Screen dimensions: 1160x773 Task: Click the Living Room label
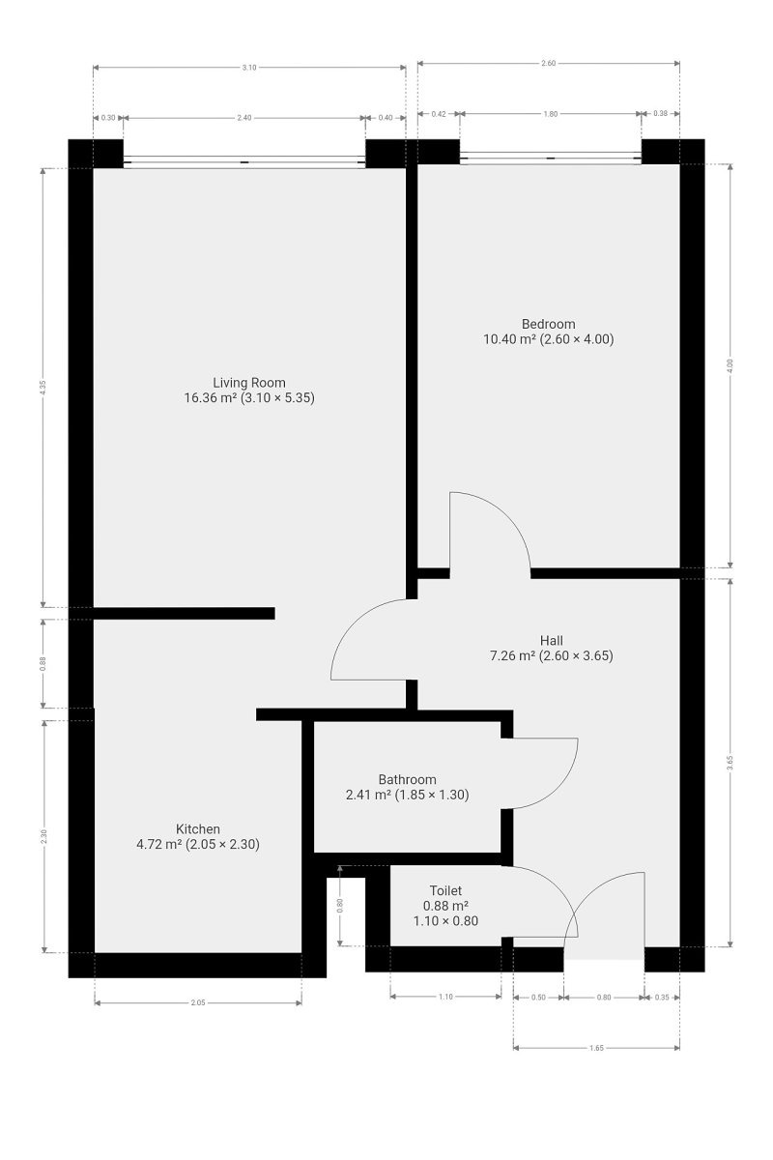click(x=249, y=382)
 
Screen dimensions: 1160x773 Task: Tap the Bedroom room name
click(x=548, y=324)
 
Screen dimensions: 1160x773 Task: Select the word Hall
click(x=552, y=640)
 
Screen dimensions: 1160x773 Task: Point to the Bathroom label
click(x=407, y=779)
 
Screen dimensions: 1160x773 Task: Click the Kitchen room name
click(x=198, y=828)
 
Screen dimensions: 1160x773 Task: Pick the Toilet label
click(x=445, y=890)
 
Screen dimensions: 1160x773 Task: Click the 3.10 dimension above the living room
click(x=249, y=67)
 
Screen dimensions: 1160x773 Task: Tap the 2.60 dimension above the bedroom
click(x=548, y=63)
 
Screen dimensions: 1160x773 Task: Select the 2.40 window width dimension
click(x=244, y=117)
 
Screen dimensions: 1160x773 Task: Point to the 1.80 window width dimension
click(x=551, y=114)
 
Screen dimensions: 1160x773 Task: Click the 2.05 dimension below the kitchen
click(x=198, y=1002)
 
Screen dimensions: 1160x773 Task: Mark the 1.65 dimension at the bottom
click(x=596, y=1046)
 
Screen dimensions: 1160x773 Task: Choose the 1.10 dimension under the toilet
click(x=445, y=997)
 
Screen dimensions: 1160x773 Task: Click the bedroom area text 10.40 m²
click(x=509, y=339)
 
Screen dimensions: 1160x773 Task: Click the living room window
click(x=244, y=161)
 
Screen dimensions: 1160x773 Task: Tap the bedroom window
click(x=551, y=157)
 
